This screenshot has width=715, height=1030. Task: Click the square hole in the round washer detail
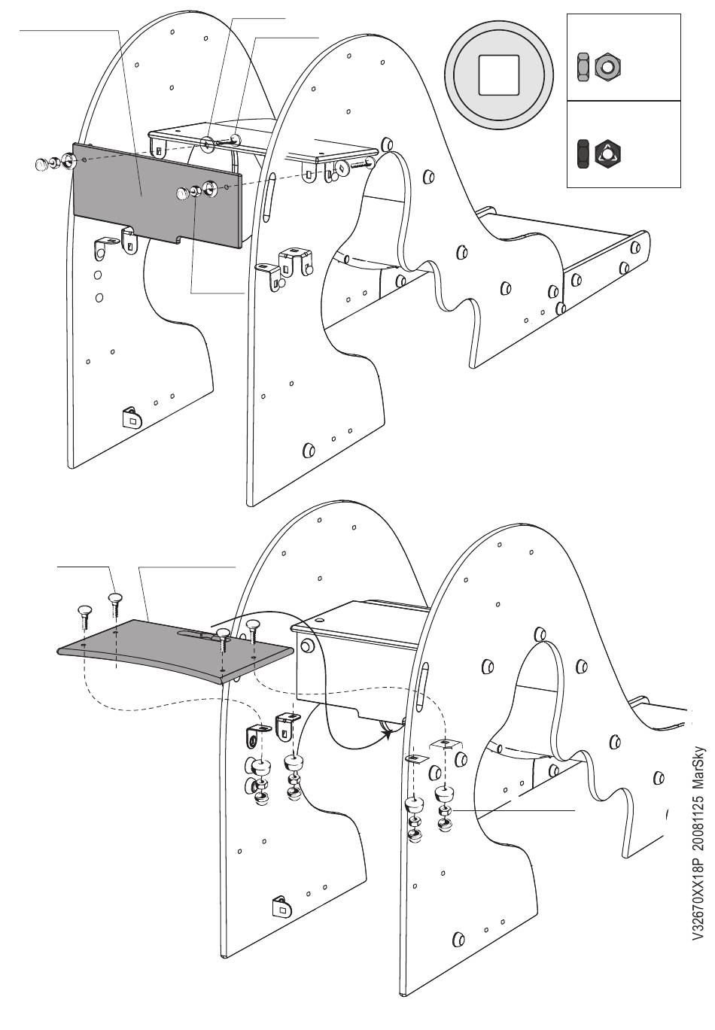pyautogui.click(x=499, y=75)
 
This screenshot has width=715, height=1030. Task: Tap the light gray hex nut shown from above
pyautogui.click(x=608, y=68)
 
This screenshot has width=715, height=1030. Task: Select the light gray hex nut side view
pyautogui.click(x=583, y=68)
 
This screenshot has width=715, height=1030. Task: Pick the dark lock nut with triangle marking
pyautogui.click(x=607, y=154)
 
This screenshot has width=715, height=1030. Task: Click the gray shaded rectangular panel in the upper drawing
pyautogui.click(x=157, y=195)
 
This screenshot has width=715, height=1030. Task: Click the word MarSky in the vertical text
pyautogui.click(x=698, y=771)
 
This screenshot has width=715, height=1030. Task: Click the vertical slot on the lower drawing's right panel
pyautogui.click(x=423, y=685)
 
